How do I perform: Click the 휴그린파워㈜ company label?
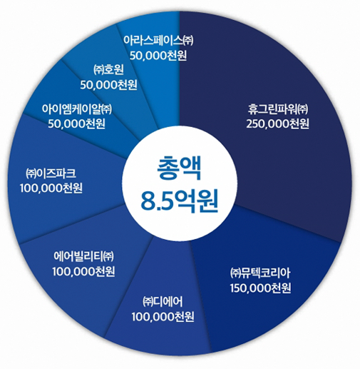coord(278,109)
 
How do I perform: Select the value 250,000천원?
coord(277,124)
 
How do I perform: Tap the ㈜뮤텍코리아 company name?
coord(260,273)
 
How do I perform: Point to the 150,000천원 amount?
coord(260,288)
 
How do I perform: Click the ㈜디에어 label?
coord(163,302)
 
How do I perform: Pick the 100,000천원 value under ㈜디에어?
coord(163,317)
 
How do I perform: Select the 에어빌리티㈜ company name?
coord(83,256)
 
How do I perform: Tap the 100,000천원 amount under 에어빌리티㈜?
coord(83,271)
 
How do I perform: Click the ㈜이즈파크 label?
coord(51,173)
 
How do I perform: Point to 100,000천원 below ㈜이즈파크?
coord(51,188)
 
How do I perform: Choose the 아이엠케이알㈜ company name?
coord(77,109)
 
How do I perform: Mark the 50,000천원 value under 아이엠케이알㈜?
coord(76,123)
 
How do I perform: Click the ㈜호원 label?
coord(108,70)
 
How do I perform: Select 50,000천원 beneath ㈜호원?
coord(108,85)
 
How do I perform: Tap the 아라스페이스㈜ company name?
coord(158,41)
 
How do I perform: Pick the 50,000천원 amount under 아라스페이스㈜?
coord(158,56)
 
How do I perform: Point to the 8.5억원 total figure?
coord(180,201)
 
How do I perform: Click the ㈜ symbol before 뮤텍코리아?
coord(235,273)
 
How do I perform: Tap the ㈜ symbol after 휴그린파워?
coord(303,109)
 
